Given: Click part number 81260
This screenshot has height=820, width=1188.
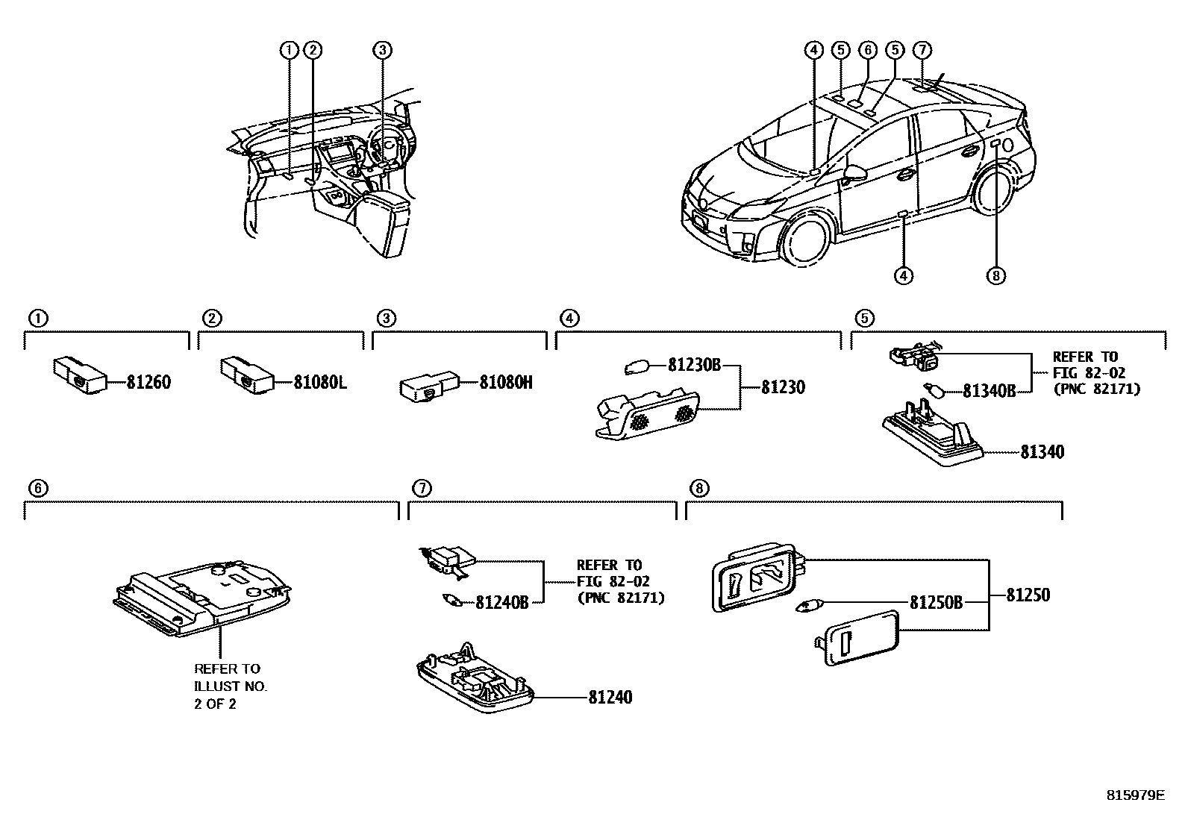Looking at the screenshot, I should [x=148, y=383].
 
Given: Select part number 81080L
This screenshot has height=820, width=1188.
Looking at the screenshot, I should [x=319, y=383].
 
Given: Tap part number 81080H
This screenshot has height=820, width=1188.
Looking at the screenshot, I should [x=505, y=383].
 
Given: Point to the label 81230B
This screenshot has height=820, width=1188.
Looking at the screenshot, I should [x=694, y=366].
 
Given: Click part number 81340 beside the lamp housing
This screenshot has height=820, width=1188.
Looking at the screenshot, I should [x=1042, y=452].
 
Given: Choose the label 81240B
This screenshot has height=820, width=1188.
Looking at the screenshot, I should [x=501, y=602].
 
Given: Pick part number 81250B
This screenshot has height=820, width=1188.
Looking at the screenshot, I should [x=936, y=601].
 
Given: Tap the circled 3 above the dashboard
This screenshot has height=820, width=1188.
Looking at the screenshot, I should [x=381, y=50].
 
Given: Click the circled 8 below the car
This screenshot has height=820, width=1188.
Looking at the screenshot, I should [x=995, y=276].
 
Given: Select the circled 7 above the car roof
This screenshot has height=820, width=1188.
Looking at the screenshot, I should [x=922, y=50].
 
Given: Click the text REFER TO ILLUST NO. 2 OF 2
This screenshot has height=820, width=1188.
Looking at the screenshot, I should [x=230, y=686].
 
